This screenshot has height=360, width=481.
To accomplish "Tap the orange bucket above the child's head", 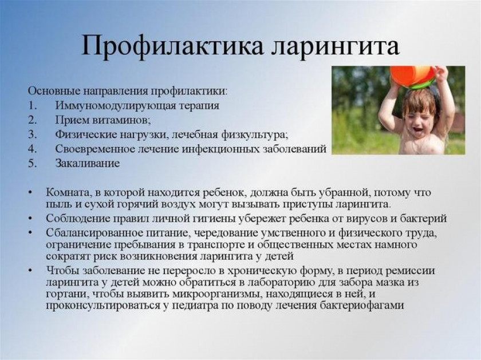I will pos(412,76).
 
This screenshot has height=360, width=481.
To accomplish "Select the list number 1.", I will pos(32,105).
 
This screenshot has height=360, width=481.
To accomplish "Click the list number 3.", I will pos(32,134).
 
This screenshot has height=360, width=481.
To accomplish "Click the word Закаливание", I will pos(88,163).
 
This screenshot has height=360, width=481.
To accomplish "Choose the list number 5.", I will pos(32,163).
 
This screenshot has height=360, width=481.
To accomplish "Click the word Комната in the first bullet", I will pos(68,192).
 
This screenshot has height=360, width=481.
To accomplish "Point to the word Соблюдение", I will pos(76,218).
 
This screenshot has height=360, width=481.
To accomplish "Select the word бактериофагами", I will pos(364,306).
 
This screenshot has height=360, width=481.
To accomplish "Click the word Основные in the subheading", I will pos(49,91).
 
